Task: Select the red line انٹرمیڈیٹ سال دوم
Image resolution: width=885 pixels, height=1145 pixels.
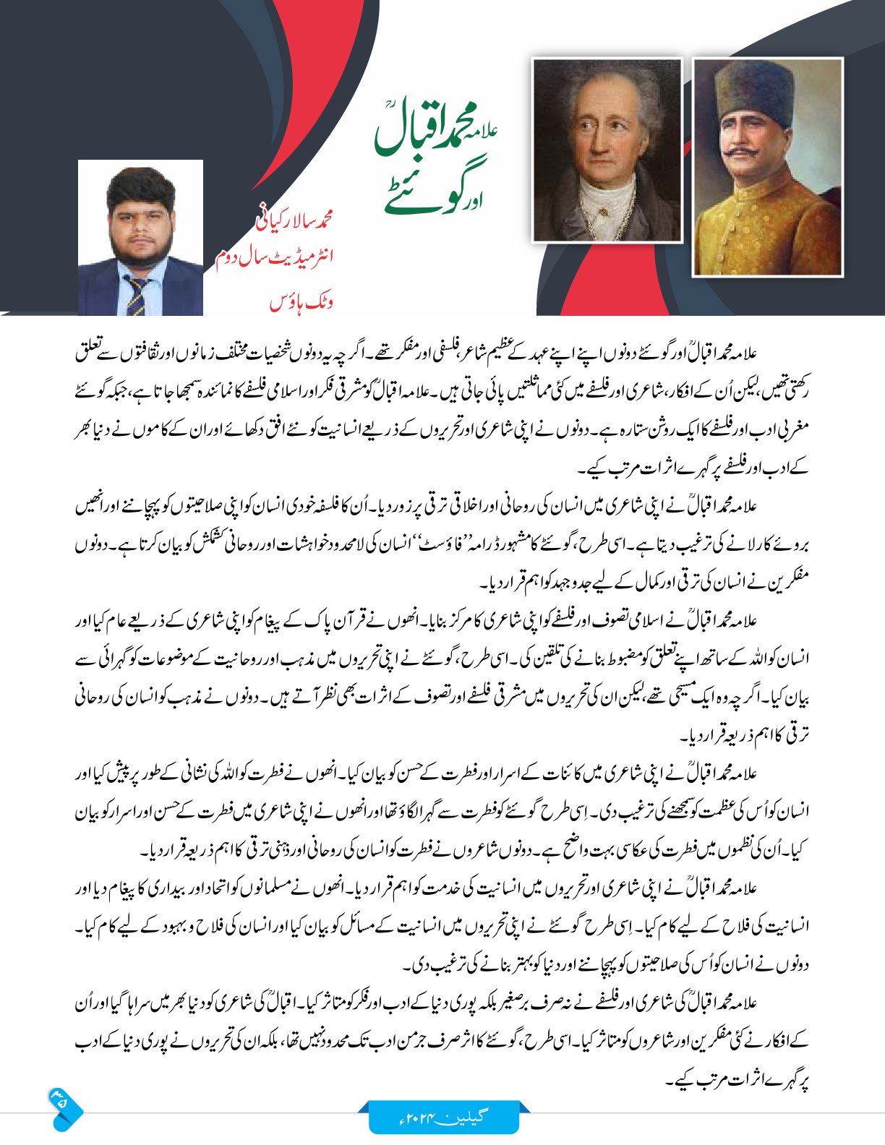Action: coord(274,259)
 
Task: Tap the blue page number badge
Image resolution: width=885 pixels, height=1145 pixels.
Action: coord(63,1107)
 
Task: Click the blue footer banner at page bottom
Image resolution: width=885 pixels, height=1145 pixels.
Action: coord(444,1117)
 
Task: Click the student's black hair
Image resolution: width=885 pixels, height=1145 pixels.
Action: coord(140,188)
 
